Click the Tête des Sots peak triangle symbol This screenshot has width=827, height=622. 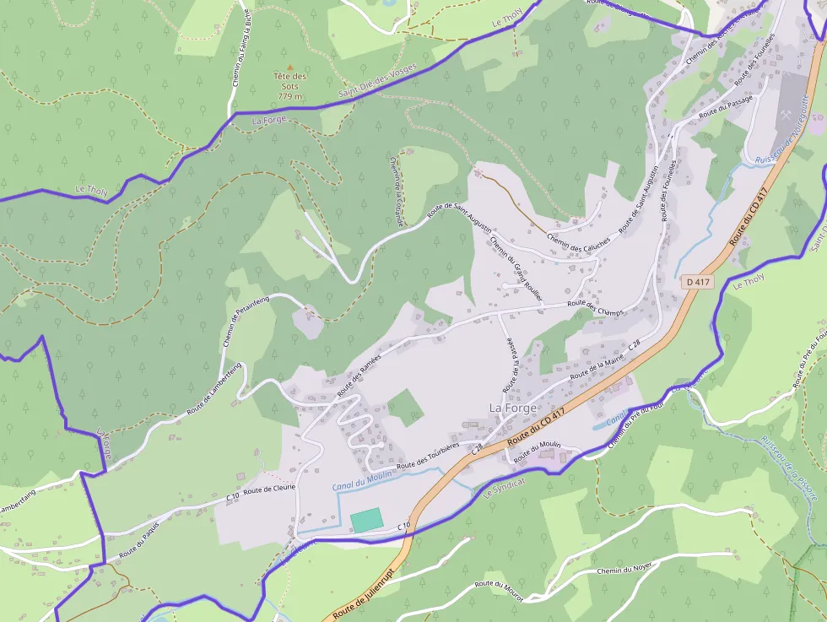click(x=290, y=67)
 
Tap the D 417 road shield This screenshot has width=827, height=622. click(x=698, y=282)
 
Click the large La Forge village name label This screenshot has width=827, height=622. click(x=513, y=408)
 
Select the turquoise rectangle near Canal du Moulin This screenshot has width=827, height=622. click(x=366, y=521)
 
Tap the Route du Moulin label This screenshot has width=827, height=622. click(x=538, y=451)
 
